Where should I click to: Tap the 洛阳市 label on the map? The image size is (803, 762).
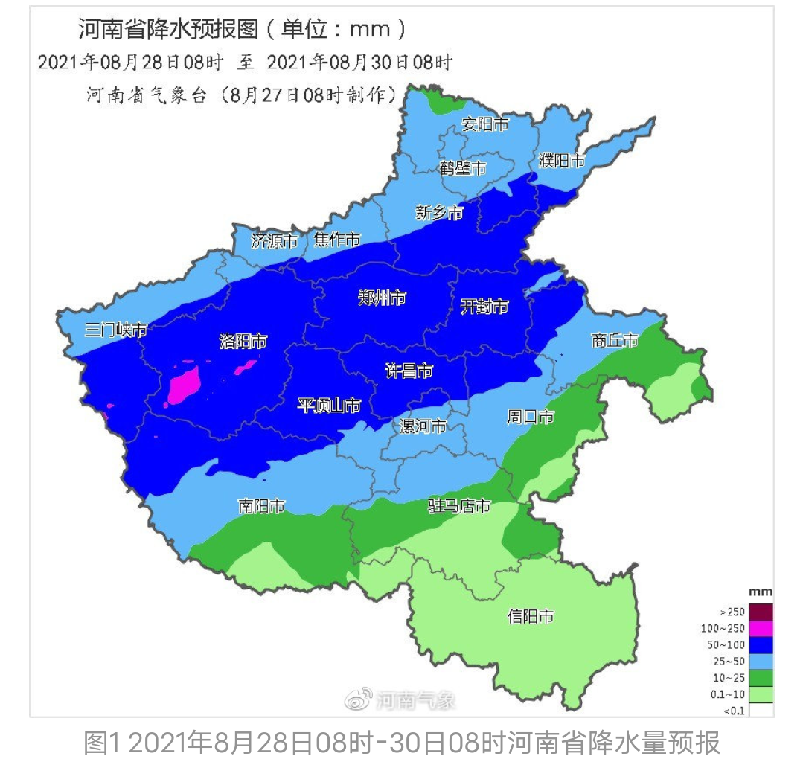[243, 342]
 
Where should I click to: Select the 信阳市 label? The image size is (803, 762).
[531, 616]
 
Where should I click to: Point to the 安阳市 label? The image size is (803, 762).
[485, 124]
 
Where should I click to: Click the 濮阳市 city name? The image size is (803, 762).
[562, 160]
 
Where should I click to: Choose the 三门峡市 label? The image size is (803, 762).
[115, 330]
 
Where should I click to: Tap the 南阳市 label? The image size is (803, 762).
[261, 507]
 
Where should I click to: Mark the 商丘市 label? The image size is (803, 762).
[615, 340]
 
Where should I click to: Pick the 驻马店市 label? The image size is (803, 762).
[459, 507]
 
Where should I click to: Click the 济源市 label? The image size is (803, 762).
[275, 240]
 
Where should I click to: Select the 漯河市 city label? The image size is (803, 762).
[423, 426]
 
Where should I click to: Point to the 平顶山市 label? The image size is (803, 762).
[329, 406]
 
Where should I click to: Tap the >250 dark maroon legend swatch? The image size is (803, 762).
[761, 612]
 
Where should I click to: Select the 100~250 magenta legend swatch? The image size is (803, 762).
[761, 628]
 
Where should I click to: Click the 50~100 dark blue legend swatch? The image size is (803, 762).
[761, 644]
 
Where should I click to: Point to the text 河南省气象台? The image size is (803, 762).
[147, 95]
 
